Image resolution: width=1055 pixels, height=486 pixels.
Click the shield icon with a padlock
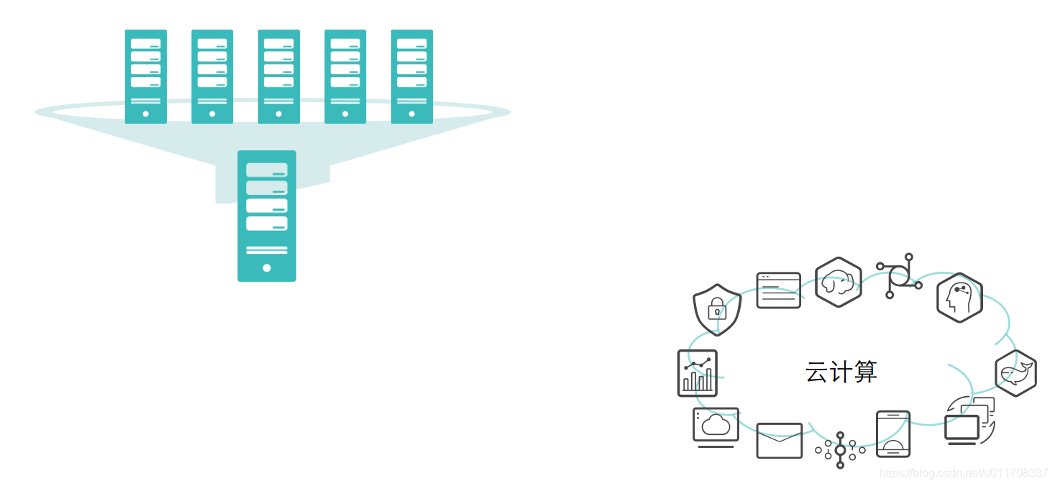[716, 308]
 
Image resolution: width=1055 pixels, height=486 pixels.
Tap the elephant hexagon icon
[838, 282]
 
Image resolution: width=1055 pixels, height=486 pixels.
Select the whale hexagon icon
[1015, 373]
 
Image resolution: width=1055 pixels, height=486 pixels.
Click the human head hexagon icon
[959, 298]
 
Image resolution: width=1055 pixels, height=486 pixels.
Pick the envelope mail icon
[779, 440]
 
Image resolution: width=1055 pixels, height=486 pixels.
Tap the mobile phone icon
[892, 434]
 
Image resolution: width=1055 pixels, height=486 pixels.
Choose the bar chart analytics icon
[697, 373]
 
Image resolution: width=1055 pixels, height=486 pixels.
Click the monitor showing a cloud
[716, 427]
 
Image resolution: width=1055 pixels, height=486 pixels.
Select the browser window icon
[778, 290]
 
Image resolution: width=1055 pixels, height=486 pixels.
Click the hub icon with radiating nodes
[840, 450]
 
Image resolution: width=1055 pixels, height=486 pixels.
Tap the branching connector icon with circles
[899, 276]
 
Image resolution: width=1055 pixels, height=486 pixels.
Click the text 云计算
[841, 372]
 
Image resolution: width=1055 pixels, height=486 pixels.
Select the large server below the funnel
[267, 216]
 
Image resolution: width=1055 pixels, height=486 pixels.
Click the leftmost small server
[146, 76]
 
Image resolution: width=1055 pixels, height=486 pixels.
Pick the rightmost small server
[411, 76]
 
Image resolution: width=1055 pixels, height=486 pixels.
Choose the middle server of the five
[278, 76]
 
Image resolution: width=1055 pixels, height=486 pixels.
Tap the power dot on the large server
[267, 267]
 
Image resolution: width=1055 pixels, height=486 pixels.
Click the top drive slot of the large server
[267, 170]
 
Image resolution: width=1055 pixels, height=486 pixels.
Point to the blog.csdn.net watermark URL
[964, 473]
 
